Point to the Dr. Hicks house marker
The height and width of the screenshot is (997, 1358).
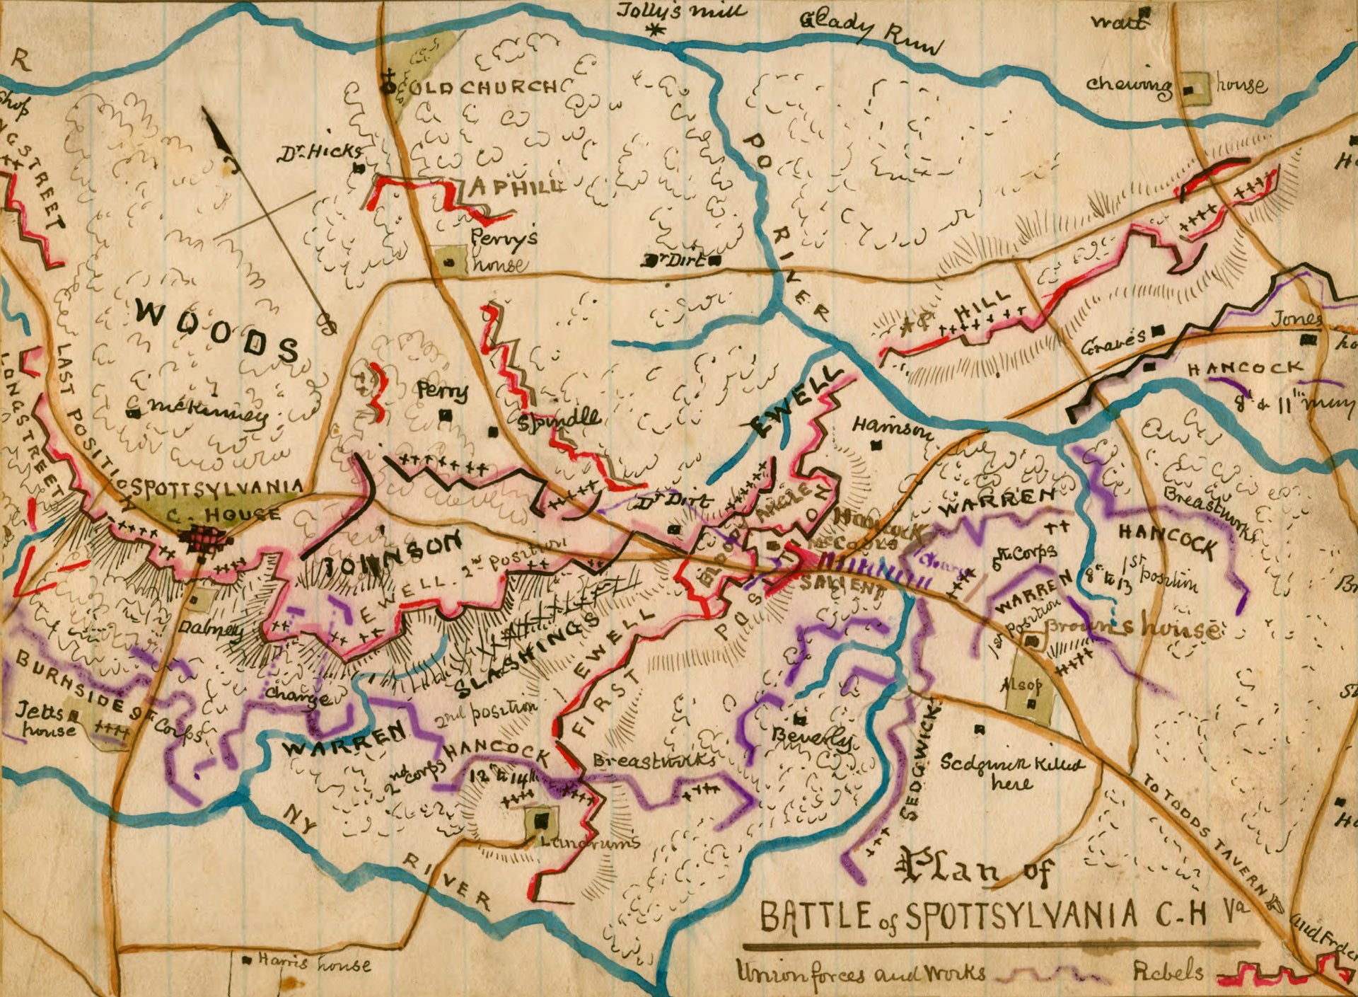[359, 168]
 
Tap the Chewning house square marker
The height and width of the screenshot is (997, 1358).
[1189, 90]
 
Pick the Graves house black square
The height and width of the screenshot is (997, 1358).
[1158, 330]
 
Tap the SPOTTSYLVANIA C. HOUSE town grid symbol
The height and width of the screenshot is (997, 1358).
[206, 542]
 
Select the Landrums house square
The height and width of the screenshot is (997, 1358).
[542, 820]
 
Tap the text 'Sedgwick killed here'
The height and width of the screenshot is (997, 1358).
[1011, 771]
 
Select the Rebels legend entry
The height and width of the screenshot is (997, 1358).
[1168, 972]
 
